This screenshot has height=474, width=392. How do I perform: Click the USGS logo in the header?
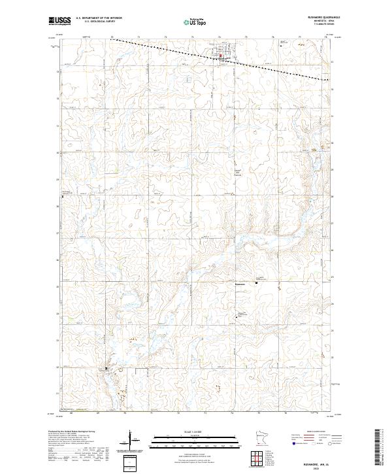click(59, 21)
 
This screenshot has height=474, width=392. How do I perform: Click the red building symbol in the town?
click(220, 56)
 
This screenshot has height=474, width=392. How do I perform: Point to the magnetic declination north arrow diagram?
click(131, 441)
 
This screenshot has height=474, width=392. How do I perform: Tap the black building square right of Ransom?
click(257, 282)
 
